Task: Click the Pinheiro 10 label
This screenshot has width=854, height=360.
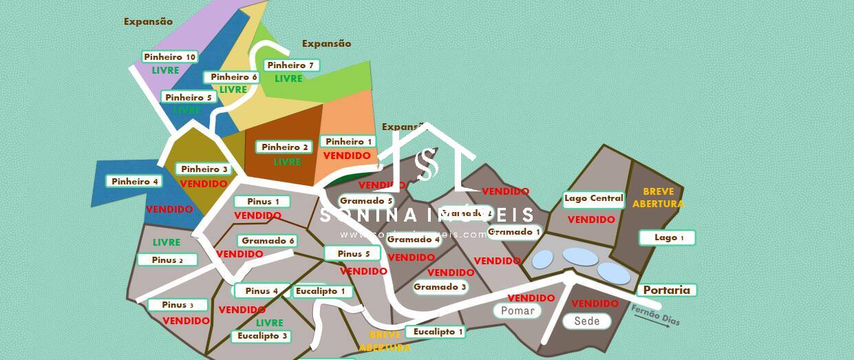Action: point(170,57)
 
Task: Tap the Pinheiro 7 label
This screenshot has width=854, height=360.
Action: point(290,65)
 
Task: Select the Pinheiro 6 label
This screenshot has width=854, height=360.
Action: point(233,77)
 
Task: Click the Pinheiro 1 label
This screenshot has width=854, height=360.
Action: point(349,142)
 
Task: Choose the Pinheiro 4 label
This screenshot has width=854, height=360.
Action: point(135,182)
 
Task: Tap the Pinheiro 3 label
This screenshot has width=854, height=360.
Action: point(204,169)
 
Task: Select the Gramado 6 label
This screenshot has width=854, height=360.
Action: point(268,241)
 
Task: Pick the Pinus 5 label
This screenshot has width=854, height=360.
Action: point(354,254)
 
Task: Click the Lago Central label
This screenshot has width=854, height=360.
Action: point(593,199)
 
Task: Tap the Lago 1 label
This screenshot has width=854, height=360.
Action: point(668,238)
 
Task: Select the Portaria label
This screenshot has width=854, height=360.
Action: point(666,290)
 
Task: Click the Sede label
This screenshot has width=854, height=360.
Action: point(586,321)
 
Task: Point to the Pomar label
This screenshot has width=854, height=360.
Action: point(517,311)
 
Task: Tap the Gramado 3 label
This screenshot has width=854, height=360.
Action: point(440,287)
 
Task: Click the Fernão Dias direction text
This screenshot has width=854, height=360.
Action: point(654,316)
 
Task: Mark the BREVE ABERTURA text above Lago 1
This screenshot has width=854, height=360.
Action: point(663,198)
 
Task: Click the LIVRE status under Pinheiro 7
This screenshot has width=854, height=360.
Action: point(289,78)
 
